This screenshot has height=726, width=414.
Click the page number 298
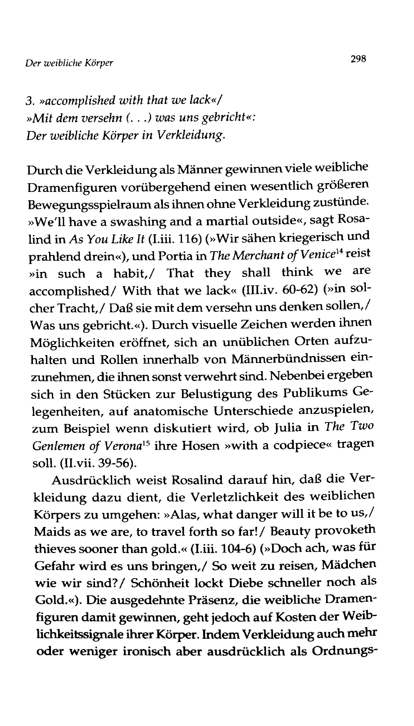click(358, 59)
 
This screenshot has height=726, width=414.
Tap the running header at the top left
click(69, 63)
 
